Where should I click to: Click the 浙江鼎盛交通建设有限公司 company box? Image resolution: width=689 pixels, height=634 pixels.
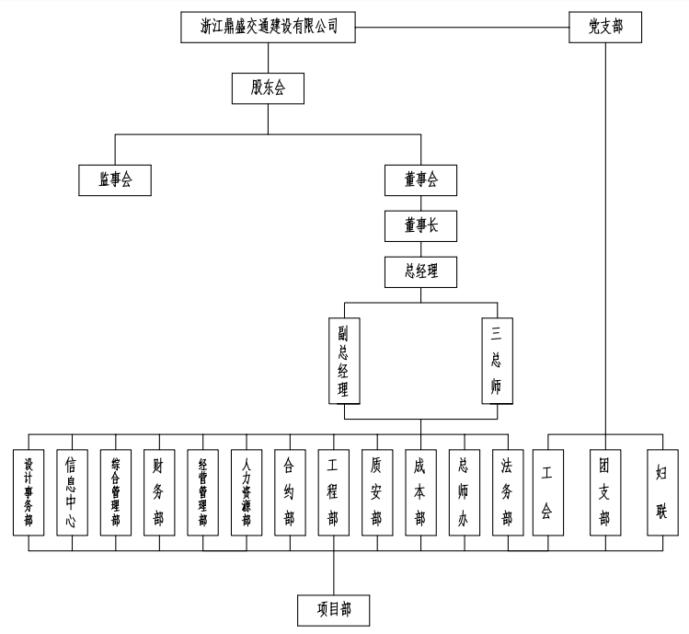point(267,27)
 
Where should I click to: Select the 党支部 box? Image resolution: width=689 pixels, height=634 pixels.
point(606,27)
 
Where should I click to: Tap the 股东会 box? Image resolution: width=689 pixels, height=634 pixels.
point(268,88)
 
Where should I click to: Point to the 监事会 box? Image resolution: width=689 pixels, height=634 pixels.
point(115,179)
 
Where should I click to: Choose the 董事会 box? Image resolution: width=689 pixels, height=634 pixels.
point(420,179)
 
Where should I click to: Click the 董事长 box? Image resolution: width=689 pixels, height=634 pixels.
point(420,225)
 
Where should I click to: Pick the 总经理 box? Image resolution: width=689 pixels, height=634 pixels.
point(420,271)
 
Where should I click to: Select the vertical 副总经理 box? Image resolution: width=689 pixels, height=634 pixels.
point(344,360)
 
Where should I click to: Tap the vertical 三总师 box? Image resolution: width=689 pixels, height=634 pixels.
point(497,360)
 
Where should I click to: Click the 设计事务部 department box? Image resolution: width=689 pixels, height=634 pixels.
point(29,492)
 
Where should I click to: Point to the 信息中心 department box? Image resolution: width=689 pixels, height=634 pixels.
point(72,492)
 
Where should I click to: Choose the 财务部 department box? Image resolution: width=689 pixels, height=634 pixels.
point(159,492)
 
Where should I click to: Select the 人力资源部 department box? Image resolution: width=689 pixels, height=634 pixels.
point(246,492)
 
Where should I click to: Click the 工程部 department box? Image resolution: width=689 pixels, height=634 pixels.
point(333,492)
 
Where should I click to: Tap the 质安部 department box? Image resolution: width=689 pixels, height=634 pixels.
point(376,492)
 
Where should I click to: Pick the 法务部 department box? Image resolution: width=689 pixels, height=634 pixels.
point(507,492)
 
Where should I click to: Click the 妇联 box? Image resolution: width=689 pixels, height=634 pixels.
point(661,492)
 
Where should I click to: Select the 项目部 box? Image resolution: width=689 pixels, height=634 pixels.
point(333,608)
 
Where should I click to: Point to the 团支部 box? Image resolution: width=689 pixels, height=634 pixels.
point(605,492)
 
